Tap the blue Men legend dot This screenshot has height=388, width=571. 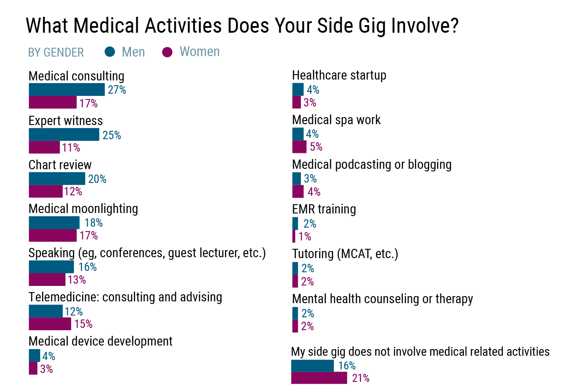point(110,52)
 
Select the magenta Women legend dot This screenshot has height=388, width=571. point(167,52)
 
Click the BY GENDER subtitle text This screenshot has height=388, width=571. point(56,53)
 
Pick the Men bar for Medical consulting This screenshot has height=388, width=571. point(66,90)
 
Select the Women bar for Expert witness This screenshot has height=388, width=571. point(44,147)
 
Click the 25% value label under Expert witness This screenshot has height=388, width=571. point(112,135)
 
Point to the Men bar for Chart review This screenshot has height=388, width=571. point(57,179)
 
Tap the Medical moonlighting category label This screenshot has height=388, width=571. point(83,209)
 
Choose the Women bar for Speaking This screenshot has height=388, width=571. point(47,280)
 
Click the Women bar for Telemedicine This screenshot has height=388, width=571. point(50,324)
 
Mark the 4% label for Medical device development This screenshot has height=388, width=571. point(49,356)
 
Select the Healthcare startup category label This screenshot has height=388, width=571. point(339,76)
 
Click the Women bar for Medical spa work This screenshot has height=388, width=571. point(299,147)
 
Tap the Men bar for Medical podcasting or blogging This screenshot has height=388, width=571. point(297,179)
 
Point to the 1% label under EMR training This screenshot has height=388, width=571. point(305,236)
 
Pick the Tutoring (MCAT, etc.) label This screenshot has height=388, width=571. point(345,254)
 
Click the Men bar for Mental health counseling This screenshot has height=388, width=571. point(295,313)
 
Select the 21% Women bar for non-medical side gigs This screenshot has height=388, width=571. point(319,378)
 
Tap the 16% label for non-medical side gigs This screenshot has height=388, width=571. point(347,366)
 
